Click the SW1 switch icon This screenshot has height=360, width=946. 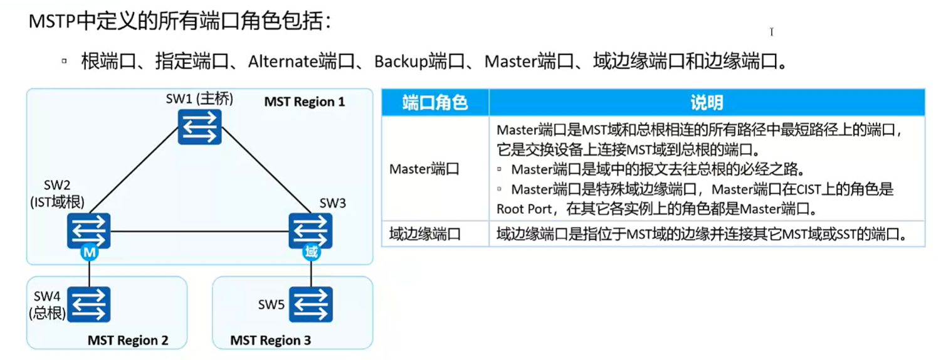tap(199, 126)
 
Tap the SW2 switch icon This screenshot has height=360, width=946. tap(89, 230)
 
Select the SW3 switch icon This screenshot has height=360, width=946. tap(310, 230)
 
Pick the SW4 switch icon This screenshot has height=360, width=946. tap(89, 304)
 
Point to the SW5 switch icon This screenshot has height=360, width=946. tap(311, 304)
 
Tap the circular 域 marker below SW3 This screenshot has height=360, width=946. tap(311, 253)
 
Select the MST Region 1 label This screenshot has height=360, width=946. tap(304, 102)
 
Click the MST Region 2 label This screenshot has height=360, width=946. tap(128, 341)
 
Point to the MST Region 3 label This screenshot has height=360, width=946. tap(270, 341)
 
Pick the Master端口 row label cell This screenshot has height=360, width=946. tap(424, 169)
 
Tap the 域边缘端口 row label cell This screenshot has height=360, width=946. tap(424, 235)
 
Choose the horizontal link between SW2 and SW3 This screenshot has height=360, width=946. tap(199, 231)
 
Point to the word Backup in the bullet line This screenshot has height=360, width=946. tap(401, 61)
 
